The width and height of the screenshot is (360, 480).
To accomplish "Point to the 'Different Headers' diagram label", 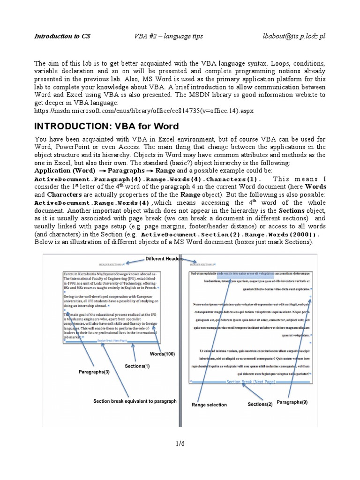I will click(x=164, y=258).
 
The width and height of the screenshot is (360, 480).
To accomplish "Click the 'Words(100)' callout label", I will click(x=162, y=354).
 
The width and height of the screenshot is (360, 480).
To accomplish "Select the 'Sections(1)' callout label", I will click(x=137, y=366).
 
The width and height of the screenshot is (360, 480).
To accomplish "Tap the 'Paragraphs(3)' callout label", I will click(x=94, y=372).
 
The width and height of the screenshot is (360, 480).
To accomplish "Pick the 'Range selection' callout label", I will click(x=209, y=405).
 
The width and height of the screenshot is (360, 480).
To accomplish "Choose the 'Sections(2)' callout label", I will click(x=260, y=404).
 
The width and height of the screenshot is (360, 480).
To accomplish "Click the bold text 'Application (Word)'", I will click(x=65, y=171).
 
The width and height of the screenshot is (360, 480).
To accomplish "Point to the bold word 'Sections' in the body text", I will click(x=292, y=211).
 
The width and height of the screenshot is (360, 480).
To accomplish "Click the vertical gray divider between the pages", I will click(x=180, y=337).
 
